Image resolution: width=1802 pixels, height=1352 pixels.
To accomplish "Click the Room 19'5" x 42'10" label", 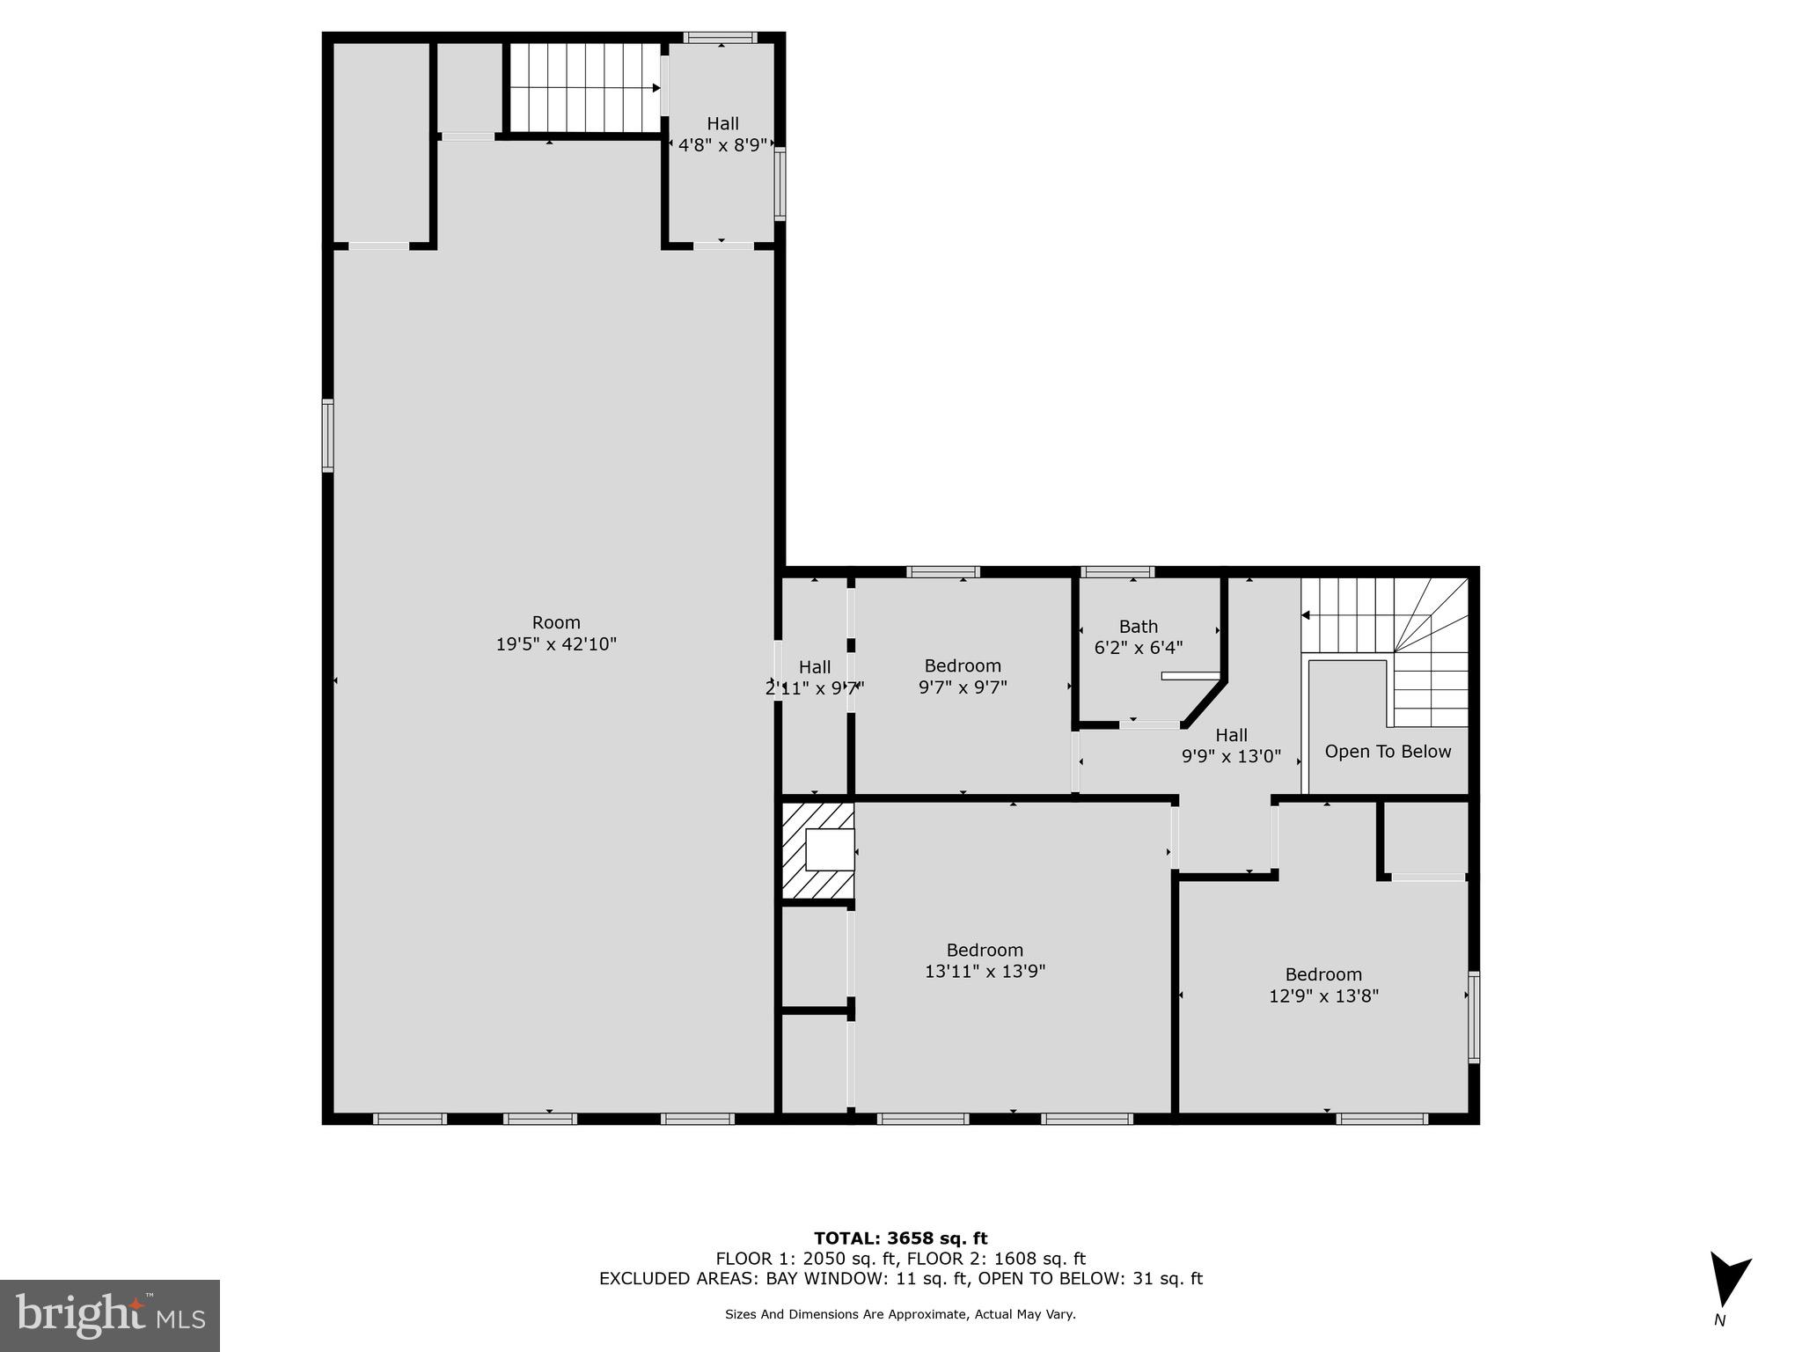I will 556,634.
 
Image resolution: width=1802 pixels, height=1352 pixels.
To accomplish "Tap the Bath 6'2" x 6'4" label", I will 1138,637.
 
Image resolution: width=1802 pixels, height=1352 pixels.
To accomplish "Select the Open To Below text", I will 1388,752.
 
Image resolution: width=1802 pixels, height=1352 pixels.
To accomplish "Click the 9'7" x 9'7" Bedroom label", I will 963,677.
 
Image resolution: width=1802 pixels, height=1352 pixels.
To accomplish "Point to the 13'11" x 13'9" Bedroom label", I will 985,961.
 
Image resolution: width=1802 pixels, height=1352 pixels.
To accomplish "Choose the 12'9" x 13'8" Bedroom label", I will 1323,986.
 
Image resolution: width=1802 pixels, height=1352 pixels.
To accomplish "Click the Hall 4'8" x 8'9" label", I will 722,135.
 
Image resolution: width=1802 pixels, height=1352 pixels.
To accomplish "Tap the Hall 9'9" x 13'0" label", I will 1231,746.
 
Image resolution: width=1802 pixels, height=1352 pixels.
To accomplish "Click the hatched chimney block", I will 817,850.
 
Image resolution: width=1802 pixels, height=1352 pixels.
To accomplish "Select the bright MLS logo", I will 110,1315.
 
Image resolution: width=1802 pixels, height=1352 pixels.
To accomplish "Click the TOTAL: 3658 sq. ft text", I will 900,1238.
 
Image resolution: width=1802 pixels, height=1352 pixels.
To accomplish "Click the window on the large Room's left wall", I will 327,436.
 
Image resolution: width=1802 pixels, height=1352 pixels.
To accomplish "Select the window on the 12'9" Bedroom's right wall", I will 1474,1017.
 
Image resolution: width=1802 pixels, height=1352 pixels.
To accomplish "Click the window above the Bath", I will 1117,572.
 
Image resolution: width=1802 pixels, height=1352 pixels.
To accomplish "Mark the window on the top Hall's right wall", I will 780,183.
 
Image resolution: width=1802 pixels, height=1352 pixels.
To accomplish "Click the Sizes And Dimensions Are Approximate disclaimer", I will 900,1314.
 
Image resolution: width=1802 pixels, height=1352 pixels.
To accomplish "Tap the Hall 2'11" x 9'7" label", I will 815,678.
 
